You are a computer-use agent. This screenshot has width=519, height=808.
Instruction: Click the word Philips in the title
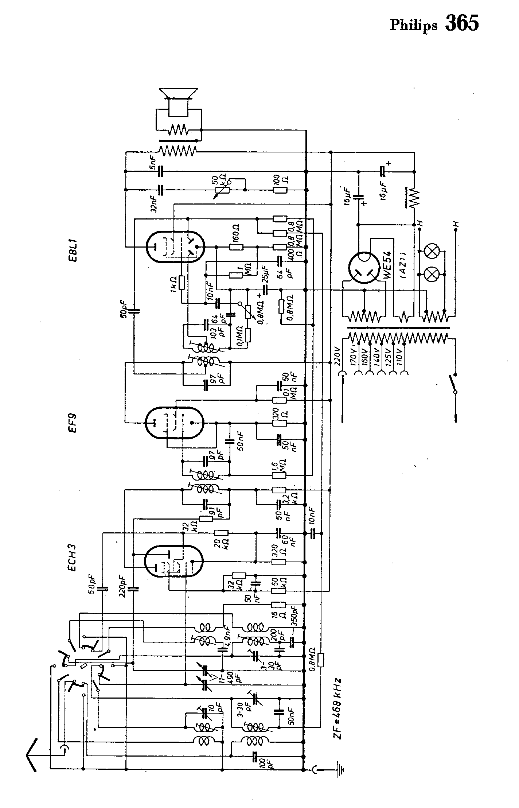click(x=413, y=26)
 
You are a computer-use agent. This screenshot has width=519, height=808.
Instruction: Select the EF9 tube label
click(x=73, y=424)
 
